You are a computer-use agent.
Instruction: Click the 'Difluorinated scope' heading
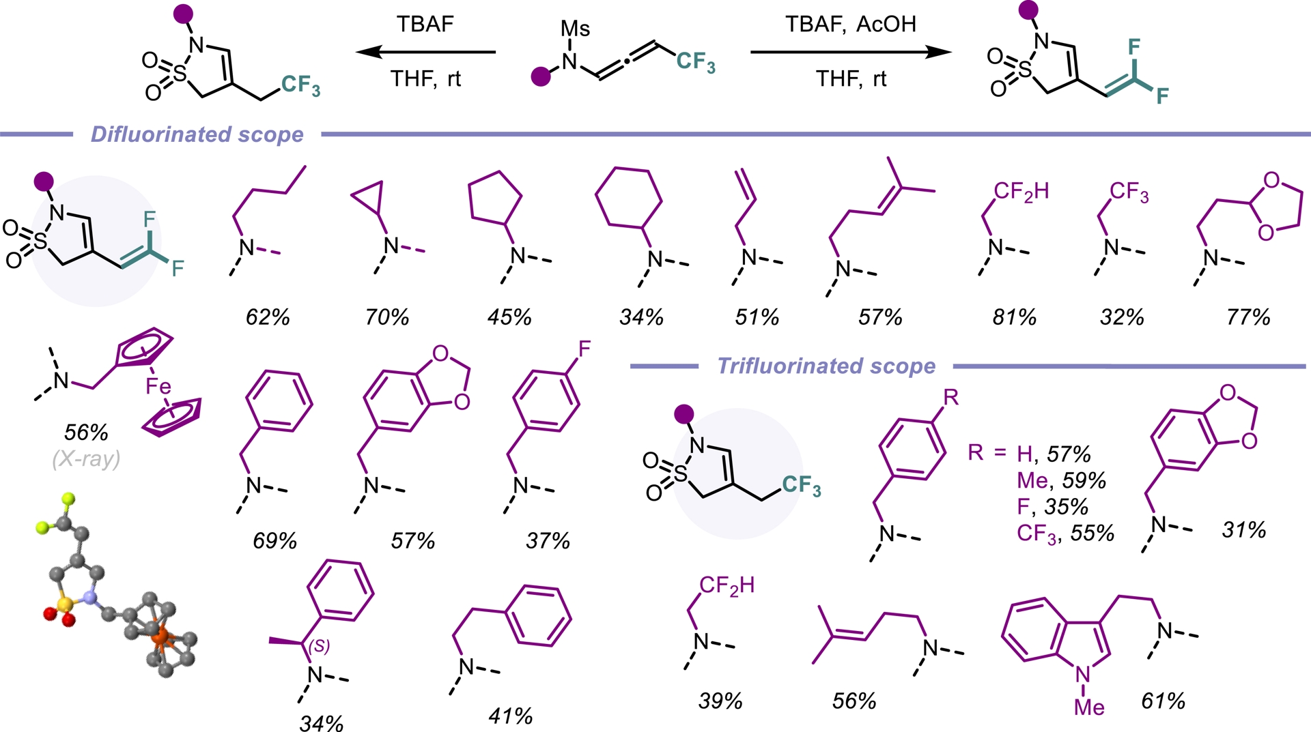tap(197, 134)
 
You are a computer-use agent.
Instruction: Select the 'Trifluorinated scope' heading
tap(826, 366)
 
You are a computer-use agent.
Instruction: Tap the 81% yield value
tap(1014, 317)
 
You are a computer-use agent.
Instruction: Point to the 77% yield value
tap(1247, 317)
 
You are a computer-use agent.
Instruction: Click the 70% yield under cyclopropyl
tap(386, 317)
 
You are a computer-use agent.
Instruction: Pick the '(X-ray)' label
tap(86, 458)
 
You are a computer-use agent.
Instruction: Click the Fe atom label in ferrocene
tap(158, 387)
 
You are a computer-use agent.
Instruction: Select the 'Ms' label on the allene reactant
tap(575, 29)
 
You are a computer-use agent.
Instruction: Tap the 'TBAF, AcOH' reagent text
tap(850, 25)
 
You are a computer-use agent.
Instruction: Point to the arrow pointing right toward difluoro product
tap(850, 52)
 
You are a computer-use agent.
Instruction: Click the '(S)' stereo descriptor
tap(320, 645)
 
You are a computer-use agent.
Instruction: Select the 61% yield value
tap(1163, 701)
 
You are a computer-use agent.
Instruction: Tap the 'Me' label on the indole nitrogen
tap(1089, 707)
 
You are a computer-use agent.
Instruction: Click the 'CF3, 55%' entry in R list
tap(1065, 533)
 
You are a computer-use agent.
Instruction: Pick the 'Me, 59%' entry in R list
tap(1061, 480)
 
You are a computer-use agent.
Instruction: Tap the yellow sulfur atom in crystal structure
tap(65, 604)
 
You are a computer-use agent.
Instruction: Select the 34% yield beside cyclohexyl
tap(641, 317)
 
